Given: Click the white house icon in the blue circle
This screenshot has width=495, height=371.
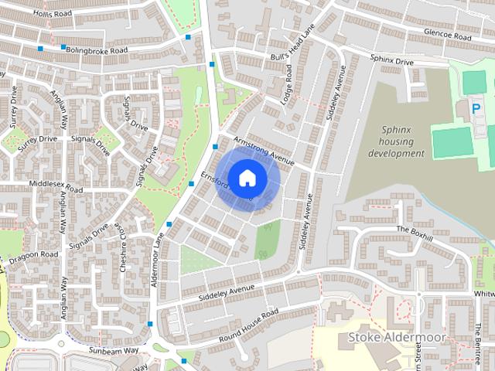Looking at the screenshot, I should pyautogui.click(x=247, y=178).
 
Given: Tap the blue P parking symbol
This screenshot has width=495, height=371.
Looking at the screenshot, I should pyautogui.click(x=476, y=110).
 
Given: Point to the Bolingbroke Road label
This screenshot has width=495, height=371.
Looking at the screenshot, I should pyautogui.click(x=97, y=51).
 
